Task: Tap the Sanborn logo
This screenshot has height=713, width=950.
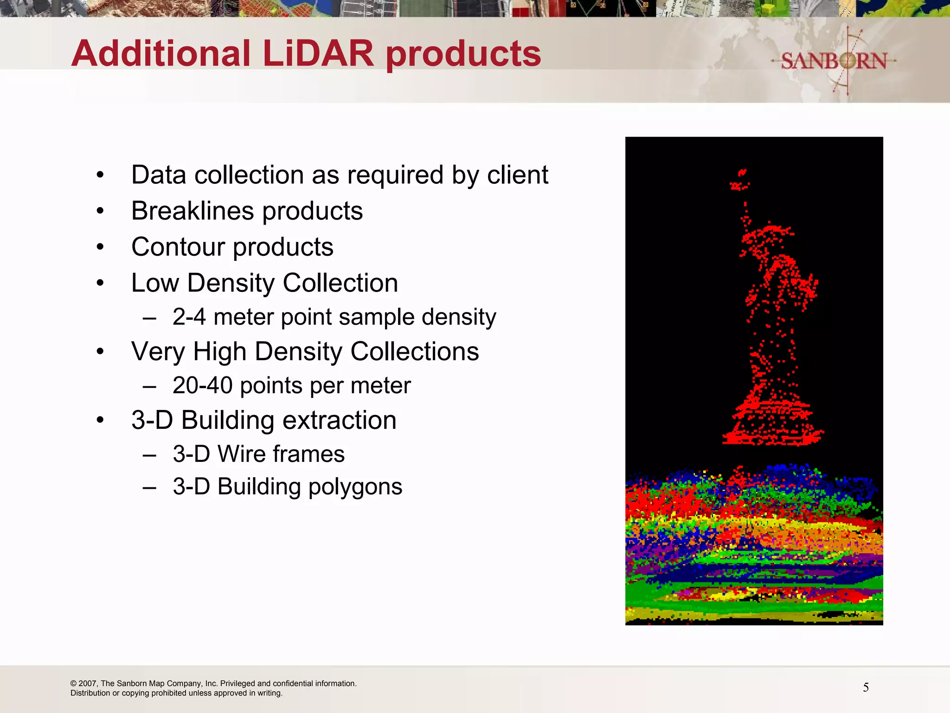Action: [834, 61]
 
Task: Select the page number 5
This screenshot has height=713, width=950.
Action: [866, 687]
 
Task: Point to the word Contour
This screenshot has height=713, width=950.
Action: [178, 247]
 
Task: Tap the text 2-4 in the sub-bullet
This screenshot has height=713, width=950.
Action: [189, 317]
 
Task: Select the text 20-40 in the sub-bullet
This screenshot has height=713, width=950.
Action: [202, 386]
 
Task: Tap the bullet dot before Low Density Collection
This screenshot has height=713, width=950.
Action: [100, 283]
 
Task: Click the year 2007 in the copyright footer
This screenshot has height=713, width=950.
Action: [87, 683]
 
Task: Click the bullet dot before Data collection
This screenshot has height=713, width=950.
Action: [100, 175]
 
